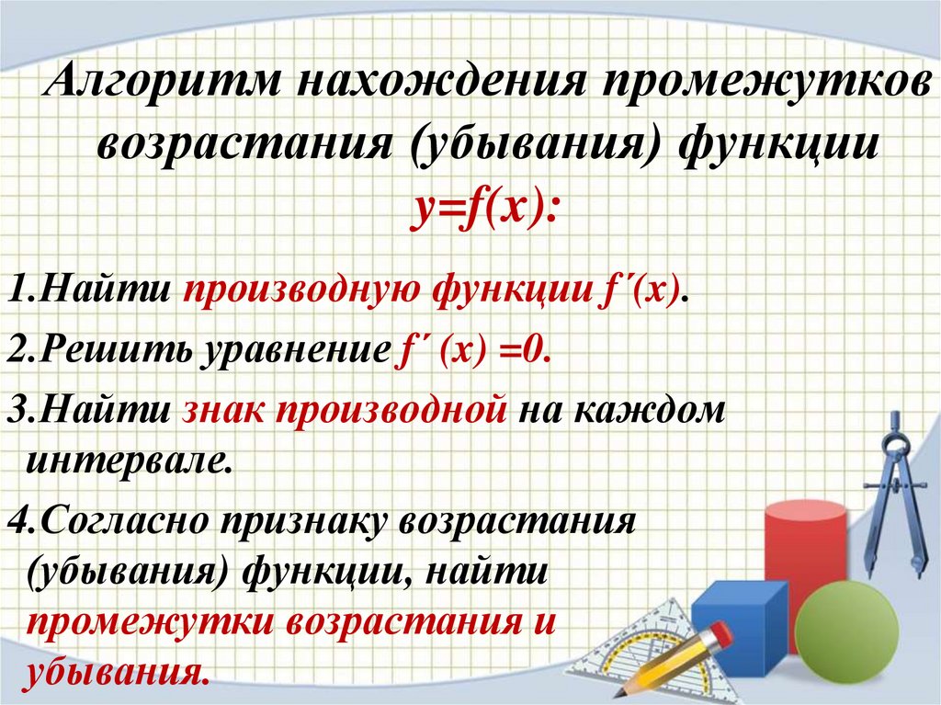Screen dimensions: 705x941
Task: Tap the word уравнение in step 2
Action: click(x=287, y=352)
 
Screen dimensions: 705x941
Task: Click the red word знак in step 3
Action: click(x=221, y=410)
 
